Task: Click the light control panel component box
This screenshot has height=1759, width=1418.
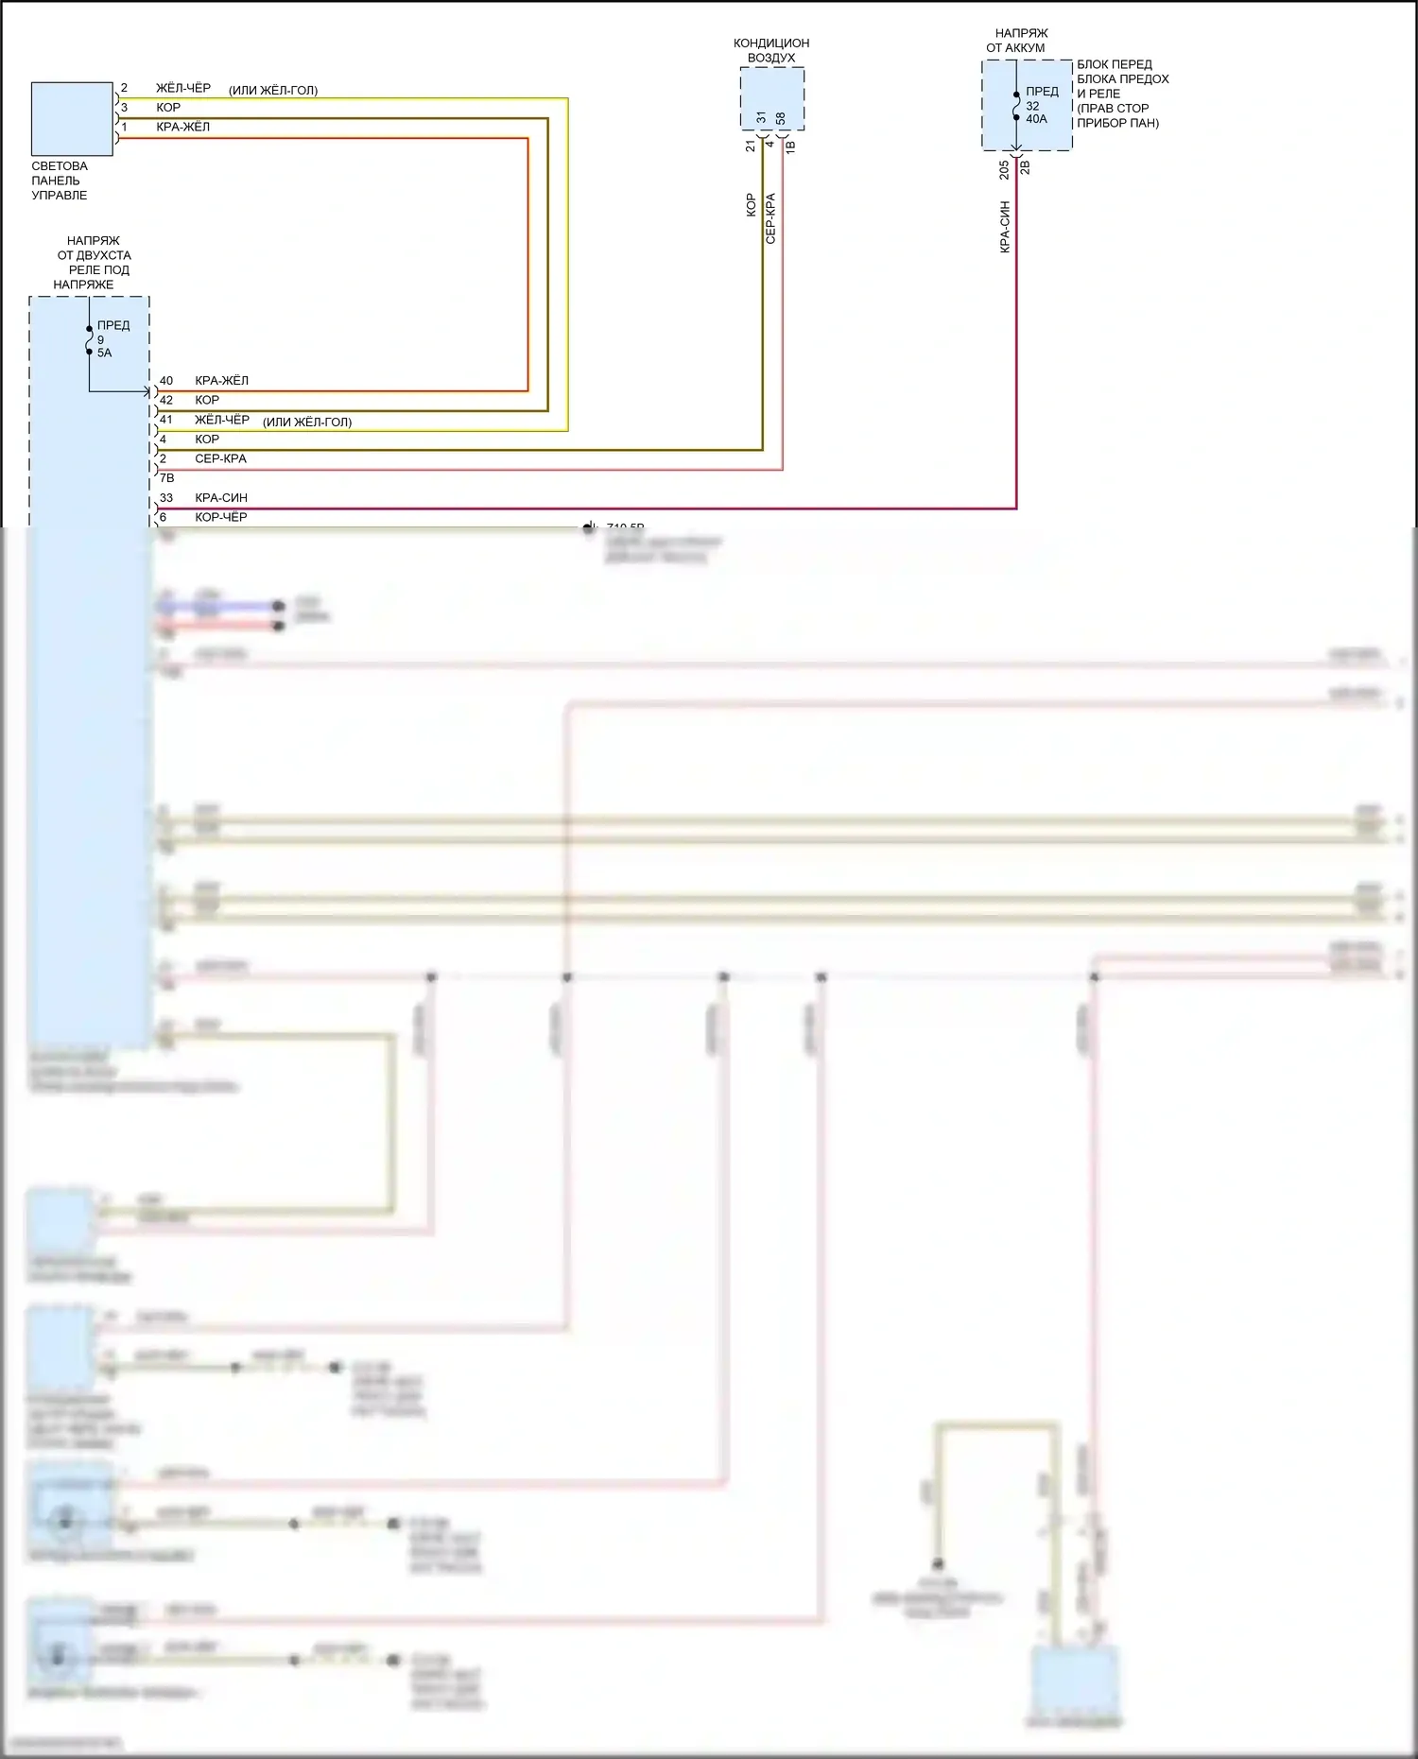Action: click(x=72, y=119)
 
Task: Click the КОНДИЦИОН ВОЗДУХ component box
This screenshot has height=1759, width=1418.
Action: click(x=771, y=99)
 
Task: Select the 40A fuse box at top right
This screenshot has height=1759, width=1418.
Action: click(x=1027, y=105)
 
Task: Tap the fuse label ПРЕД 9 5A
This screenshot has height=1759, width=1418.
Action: click(x=112, y=338)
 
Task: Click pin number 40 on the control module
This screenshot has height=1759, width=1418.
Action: click(x=166, y=381)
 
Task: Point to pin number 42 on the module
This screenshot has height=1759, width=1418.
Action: click(x=166, y=401)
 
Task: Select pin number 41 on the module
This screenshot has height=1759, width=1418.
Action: click(x=166, y=420)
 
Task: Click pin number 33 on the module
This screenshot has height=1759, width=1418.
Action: click(x=166, y=498)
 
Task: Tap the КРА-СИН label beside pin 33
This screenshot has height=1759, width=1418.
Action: click(x=221, y=498)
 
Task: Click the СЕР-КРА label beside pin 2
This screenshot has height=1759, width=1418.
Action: click(x=220, y=459)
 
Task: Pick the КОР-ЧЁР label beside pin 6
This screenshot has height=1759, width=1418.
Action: click(x=220, y=518)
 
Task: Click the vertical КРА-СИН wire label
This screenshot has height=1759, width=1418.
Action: click(x=1005, y=227)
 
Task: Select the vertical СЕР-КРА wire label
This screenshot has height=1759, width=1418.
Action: click(x=770, y=219)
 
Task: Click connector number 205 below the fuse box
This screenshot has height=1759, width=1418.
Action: click(x=1004, y=169)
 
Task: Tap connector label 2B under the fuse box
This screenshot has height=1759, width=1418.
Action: click(x=1025, y=167)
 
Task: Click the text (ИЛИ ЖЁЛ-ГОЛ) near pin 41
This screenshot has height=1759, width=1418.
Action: click(x=307, y=423)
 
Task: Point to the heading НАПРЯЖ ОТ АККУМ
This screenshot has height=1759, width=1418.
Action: click(x=1019, y=41)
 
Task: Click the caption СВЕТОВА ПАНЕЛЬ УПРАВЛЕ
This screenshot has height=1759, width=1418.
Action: click(x=60, y=181)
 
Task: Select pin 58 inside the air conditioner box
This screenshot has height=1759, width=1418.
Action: click(x=781, y=118)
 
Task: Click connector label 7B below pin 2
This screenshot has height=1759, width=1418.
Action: click(x=166, y=478)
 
